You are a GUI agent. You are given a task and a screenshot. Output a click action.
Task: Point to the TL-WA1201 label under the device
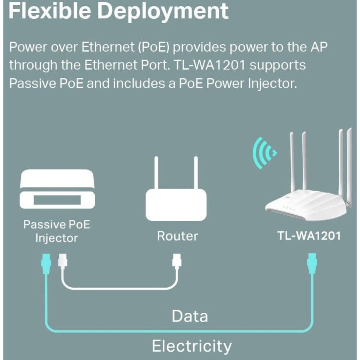click(x=309, y=236)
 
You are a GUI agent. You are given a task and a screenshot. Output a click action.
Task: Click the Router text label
click(x=177, y=236)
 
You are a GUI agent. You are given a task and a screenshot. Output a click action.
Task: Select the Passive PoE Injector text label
click(x=56, y=231)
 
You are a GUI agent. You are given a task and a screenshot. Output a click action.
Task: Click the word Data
click(x=190, y=316)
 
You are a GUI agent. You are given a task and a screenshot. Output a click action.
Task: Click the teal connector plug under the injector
click(x=46, y=264)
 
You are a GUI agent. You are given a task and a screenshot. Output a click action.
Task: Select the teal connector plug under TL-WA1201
click(x=312, y=264)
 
